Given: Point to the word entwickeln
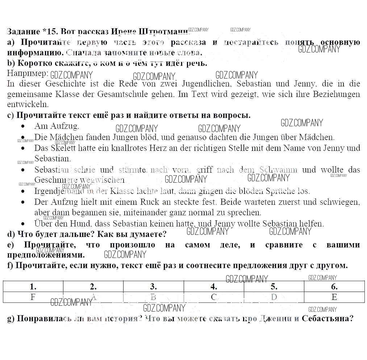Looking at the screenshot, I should click(x=28, y=105).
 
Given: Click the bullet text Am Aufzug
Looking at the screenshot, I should click(x=57, y=126).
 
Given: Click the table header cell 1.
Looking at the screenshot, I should click(x=33, y=287).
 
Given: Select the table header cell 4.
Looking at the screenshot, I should click(x=214, y=287).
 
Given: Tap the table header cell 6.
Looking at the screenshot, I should click(x=334, y=287).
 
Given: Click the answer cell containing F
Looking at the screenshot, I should click(x=33, y=297).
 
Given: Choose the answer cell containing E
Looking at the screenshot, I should click(x=334, y=297).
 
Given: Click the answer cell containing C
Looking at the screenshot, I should click(x=214, y=297).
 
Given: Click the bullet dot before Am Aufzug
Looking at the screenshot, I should click(x=23, y=127).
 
